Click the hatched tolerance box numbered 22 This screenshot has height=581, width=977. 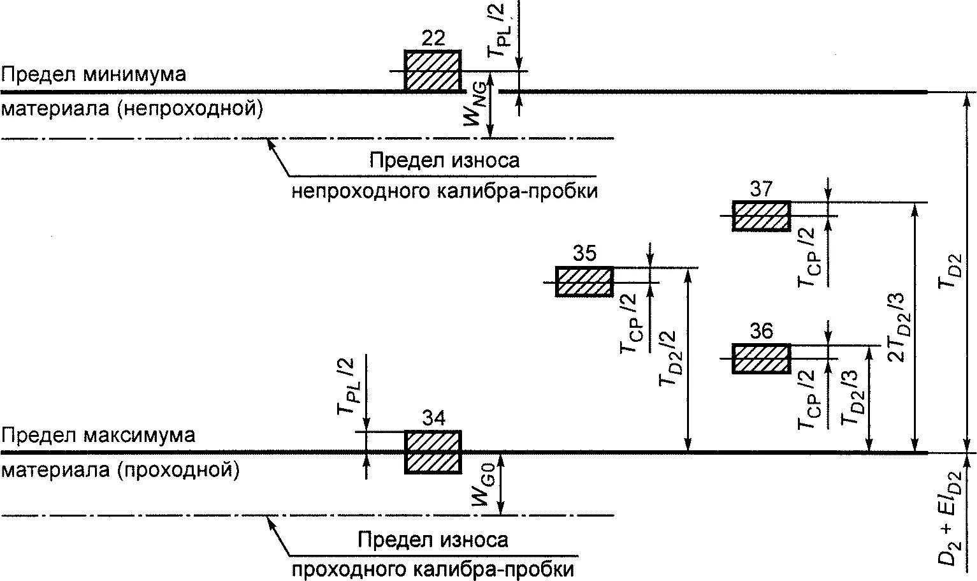433,71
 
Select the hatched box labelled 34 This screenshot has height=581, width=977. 433,452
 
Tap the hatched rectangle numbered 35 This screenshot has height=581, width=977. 584,282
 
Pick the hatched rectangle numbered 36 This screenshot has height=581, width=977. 762,358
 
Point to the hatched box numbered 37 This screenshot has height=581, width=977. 762,216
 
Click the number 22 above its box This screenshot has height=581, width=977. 433,38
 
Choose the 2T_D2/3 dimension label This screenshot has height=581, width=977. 898,327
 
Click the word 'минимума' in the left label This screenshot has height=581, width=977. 134,75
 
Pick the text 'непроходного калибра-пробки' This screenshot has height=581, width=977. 444,191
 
